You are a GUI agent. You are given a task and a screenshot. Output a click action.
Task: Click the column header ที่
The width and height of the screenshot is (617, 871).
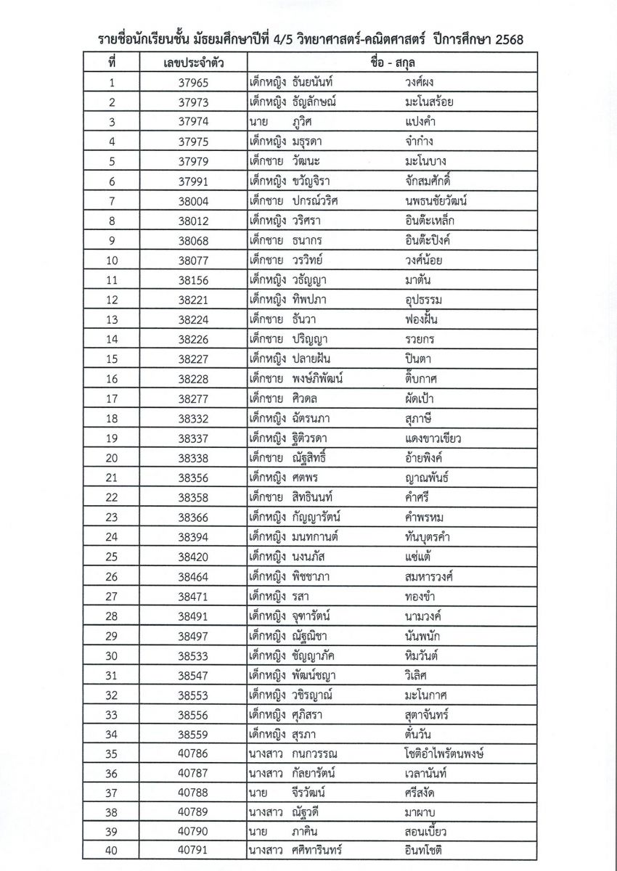112,63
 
